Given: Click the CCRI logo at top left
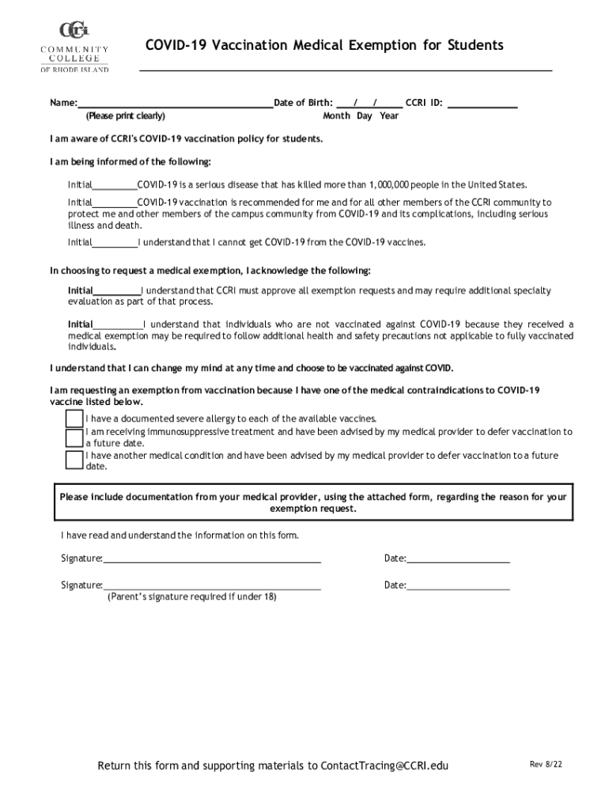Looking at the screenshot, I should tap(74, 48).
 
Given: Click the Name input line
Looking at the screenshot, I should tap(175, 103).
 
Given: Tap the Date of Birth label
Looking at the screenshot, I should tap(303, 103).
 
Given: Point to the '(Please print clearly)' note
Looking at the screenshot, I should tap(126, 116).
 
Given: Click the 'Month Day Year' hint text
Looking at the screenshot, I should tap(361, 116).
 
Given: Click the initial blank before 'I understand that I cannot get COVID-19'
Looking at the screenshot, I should tap(115, 244).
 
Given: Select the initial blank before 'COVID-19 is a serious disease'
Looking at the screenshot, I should tap(115, 186).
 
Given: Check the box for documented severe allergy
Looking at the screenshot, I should tap(74, 418).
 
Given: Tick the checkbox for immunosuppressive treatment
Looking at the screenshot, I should tap(74, 438).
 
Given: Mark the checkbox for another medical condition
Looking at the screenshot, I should tap(74, 460).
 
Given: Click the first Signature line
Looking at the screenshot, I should tap(211, 559).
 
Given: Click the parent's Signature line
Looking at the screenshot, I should tap(211, 586).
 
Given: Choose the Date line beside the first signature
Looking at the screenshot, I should tap(458, 559).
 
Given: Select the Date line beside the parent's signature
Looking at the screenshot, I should tap(458, 586).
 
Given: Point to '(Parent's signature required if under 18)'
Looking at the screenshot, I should tap(192, 597).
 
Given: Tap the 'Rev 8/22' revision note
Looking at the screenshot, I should tap(546, 764).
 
